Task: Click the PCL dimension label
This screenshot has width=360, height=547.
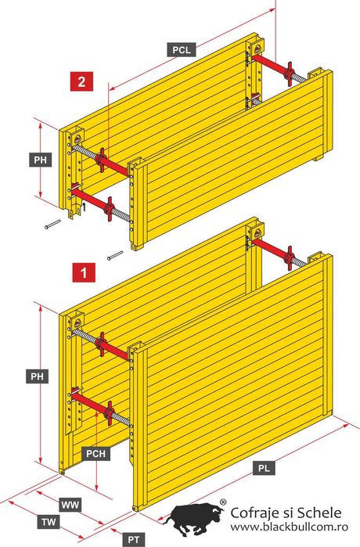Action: tap(182, 49)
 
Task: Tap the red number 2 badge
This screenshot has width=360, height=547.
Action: tap(81, 81)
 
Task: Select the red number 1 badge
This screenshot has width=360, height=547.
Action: tap(84, 272)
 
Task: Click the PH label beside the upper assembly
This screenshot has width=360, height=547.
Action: tap(41, 160)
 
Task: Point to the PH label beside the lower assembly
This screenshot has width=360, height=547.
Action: tap(37, 376)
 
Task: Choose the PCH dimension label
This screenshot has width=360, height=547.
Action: tap(95, 454)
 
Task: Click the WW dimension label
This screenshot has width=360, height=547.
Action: tap(70, 505)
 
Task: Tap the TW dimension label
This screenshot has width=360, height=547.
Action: tap(49, 522)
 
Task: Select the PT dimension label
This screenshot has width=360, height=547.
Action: tap(134, 540)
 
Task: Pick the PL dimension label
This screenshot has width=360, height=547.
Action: tap(264, 468)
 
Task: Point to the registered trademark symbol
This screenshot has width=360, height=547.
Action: tap(222, 502)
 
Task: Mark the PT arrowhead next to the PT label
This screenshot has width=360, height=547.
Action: tap(113, 531)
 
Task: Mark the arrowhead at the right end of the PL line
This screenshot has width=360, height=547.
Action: tap(347, 425)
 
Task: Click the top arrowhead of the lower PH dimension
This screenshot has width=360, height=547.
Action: tap(41, 308)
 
